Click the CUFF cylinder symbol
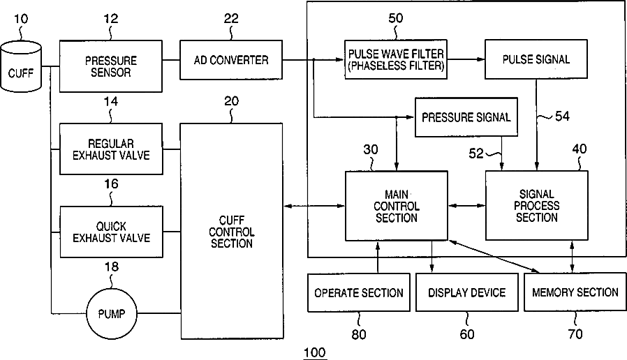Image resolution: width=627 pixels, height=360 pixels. click(21, 66)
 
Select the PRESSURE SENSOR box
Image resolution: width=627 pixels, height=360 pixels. click(111, 66)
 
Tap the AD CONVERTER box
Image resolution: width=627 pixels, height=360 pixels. click(231, 60)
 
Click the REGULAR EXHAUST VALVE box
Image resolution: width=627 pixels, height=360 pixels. click(111, 149)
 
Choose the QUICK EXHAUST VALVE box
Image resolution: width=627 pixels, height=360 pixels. click(111, 232)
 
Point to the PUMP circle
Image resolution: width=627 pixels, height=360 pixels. click(112, 314)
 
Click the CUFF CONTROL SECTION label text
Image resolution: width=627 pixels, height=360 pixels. click(232, 232)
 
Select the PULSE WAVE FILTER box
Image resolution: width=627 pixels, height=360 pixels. click(396, 59)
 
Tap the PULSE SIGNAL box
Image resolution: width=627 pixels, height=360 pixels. click(536, 59)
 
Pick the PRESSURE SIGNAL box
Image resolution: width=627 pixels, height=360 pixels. click(466, 117)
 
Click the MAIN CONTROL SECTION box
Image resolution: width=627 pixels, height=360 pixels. click(397, 206)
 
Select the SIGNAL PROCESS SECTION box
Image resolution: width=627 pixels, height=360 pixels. click(537, 205)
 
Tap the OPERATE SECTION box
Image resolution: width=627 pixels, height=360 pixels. click(359, 292)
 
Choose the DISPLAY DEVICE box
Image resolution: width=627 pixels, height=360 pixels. click(466, 292)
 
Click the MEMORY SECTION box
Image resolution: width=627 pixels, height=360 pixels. click(575, 292)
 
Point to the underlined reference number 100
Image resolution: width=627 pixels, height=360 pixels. click(315, 352)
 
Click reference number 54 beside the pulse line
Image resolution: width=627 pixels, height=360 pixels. click(562, 117)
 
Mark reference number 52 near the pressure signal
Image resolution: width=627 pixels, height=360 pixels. click(476, 153)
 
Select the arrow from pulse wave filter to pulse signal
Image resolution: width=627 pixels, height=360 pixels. click(466, 59)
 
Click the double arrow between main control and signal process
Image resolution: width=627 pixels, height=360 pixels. click(466, 205)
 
